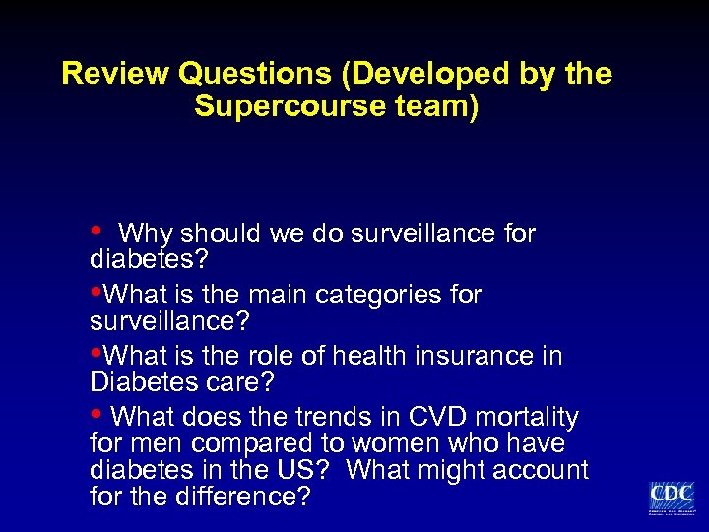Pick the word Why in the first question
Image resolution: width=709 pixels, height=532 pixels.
pyautogui.click(x=144, y=233)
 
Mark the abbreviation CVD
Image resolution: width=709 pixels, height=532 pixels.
pyautogui.click(x=437, y=417)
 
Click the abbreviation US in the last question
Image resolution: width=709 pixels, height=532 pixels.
pyautogui.click(x=312, y=471)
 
